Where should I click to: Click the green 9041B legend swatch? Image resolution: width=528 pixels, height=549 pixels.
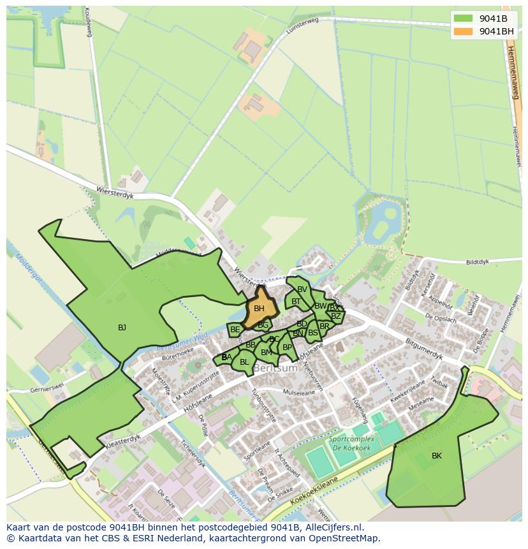464,18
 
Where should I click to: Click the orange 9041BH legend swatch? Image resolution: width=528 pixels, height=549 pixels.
464,31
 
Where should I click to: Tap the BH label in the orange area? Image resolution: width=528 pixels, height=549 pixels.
259,309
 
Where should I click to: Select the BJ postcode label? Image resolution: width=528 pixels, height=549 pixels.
122,328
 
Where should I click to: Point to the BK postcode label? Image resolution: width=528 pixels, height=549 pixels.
437,456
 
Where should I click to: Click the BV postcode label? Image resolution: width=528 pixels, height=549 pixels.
302,289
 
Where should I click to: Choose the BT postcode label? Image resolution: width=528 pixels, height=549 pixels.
296,302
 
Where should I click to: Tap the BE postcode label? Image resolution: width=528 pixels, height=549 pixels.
235,330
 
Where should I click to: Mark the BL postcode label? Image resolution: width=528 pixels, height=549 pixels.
244,362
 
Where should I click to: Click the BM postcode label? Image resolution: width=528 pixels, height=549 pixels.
267,352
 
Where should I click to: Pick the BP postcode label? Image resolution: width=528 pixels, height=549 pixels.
287,348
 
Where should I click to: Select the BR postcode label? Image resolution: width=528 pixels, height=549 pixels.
325,326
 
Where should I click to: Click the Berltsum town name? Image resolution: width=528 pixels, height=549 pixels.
275,369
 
